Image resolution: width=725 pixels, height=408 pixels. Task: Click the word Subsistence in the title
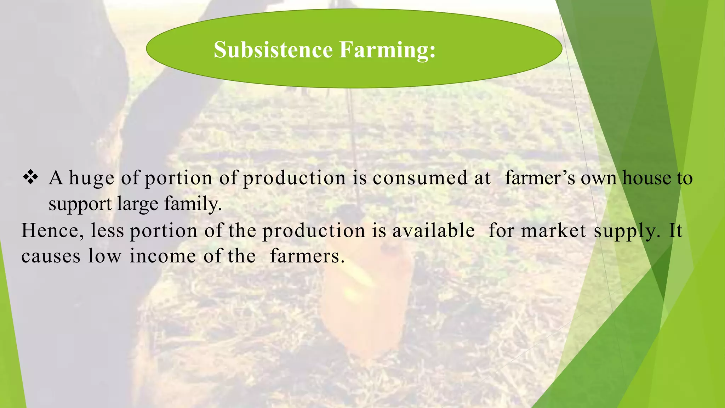[x=273, y=50]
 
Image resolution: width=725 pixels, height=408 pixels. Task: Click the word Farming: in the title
[x=387, y=50]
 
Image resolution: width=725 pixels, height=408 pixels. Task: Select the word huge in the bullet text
[x=91, y=178]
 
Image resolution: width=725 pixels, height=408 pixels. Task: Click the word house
[x=646, y=178]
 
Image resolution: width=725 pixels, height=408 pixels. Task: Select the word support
[x=80, y=204]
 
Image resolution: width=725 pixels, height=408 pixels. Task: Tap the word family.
[x=193, y=204]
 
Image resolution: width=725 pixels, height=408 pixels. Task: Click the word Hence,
[x=53, y=231]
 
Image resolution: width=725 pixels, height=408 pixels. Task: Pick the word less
[x=107, y=231]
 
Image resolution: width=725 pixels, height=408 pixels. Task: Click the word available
[x=433, y=231]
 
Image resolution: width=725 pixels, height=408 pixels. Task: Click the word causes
[x=51, y=256]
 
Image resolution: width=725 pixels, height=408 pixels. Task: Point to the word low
[x=104, y=256]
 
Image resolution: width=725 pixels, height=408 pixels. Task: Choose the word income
[x=162, y=256]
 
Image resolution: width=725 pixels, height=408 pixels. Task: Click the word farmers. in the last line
[x=307, y=256]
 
